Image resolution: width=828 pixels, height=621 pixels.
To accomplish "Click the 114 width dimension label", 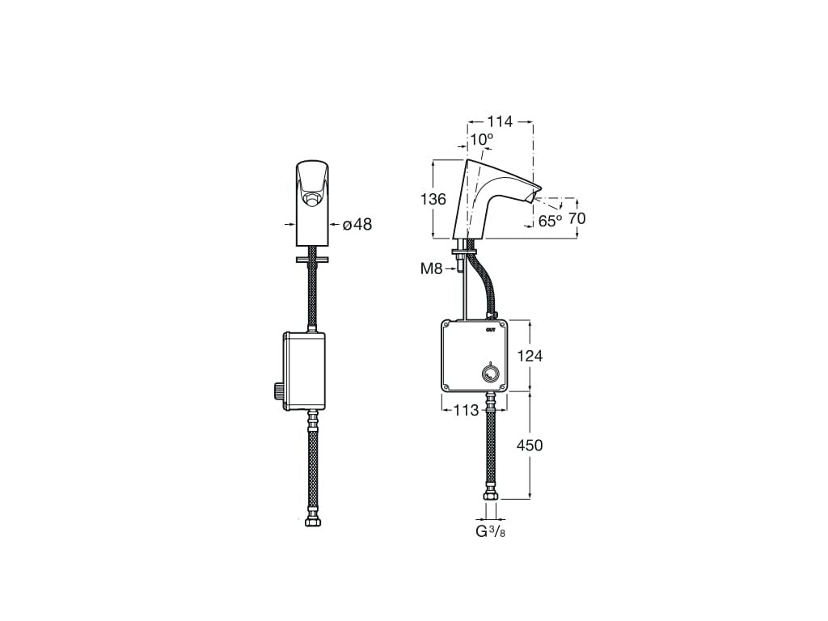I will [500, 122].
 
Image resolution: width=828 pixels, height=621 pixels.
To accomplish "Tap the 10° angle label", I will [482, 140].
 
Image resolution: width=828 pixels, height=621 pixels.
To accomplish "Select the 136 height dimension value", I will [433, 199].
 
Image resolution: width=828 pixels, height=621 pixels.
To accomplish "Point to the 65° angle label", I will [551, 220].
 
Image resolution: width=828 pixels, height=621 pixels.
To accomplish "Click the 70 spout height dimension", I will [577, 218].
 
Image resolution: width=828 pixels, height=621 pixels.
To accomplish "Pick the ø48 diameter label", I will [357, 225].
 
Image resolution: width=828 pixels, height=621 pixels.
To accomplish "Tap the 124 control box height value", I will [530, 356].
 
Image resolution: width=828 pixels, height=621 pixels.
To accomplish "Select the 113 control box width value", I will [467, 410].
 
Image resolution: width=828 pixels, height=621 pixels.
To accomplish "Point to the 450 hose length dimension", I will [530, 445].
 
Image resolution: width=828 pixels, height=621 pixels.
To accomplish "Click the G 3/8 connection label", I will [491, 531].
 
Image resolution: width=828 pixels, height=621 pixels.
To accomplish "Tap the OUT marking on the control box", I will [491, 329].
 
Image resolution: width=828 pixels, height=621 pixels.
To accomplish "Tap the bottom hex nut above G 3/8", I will [490, 495].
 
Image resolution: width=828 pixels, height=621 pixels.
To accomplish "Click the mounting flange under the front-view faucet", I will [312, 260].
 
